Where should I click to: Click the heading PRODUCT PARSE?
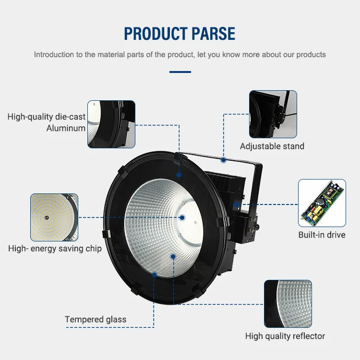coord(180,34)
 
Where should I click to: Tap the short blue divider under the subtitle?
coord(180,72)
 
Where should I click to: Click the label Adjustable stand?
coord(272,146)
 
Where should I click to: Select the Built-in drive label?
coord(322,235)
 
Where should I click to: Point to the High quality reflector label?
coord(285,336)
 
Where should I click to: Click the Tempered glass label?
coord(96,319)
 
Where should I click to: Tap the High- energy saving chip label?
coord(55,249)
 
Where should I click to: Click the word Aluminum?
coord(66,128)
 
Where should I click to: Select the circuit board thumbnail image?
coord(322,203)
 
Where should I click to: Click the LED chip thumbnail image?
coord(54,217)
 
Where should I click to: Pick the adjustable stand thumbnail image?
coord(273,114)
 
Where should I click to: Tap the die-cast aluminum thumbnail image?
coord(111,124)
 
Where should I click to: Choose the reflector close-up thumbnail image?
coord(288,304)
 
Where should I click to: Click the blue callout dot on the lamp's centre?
coord(182,217)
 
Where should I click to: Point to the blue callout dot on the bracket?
coord(223,159)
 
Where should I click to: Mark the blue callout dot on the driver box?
coord(237,205)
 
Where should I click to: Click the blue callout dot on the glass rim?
coord(154,275)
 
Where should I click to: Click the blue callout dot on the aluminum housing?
coord(179,175)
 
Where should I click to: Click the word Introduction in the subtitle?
coord(54,54)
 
